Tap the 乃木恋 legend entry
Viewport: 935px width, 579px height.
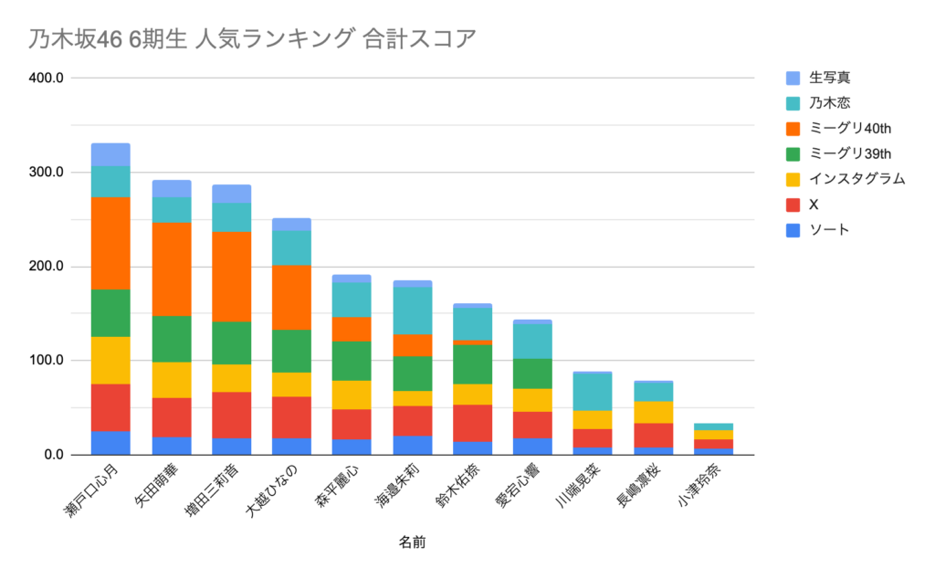coord(823,102)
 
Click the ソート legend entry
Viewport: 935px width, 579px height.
coord(823,230)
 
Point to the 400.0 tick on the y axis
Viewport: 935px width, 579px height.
coord(46,79)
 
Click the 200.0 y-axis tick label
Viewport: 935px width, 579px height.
coord(46,267)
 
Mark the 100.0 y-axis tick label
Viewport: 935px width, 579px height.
coord(46,361)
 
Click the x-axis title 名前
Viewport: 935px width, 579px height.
coord(412,542)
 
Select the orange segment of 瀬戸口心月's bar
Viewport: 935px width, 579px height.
coord(110,243)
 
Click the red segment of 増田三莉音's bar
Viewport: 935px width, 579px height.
coord(232,415)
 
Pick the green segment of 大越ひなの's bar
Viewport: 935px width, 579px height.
coord(292,351)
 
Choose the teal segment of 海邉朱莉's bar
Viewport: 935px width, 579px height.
coord(413,311)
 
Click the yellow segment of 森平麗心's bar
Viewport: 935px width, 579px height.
coord(352,395)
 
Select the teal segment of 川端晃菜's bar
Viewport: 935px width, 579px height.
coord(594,392)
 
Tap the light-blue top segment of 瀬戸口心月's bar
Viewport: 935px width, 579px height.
coord(110,154)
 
